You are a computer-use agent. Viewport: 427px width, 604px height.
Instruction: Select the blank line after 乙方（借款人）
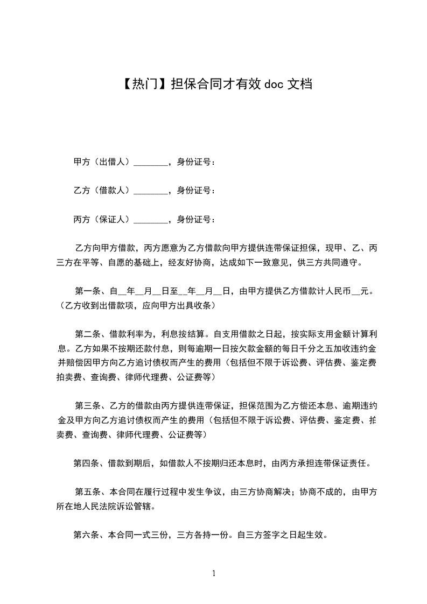tap(150, 191)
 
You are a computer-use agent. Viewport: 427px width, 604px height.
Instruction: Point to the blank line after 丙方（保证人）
tap(150, 220)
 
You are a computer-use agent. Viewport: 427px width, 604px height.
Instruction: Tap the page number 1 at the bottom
tap(214, 574)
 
